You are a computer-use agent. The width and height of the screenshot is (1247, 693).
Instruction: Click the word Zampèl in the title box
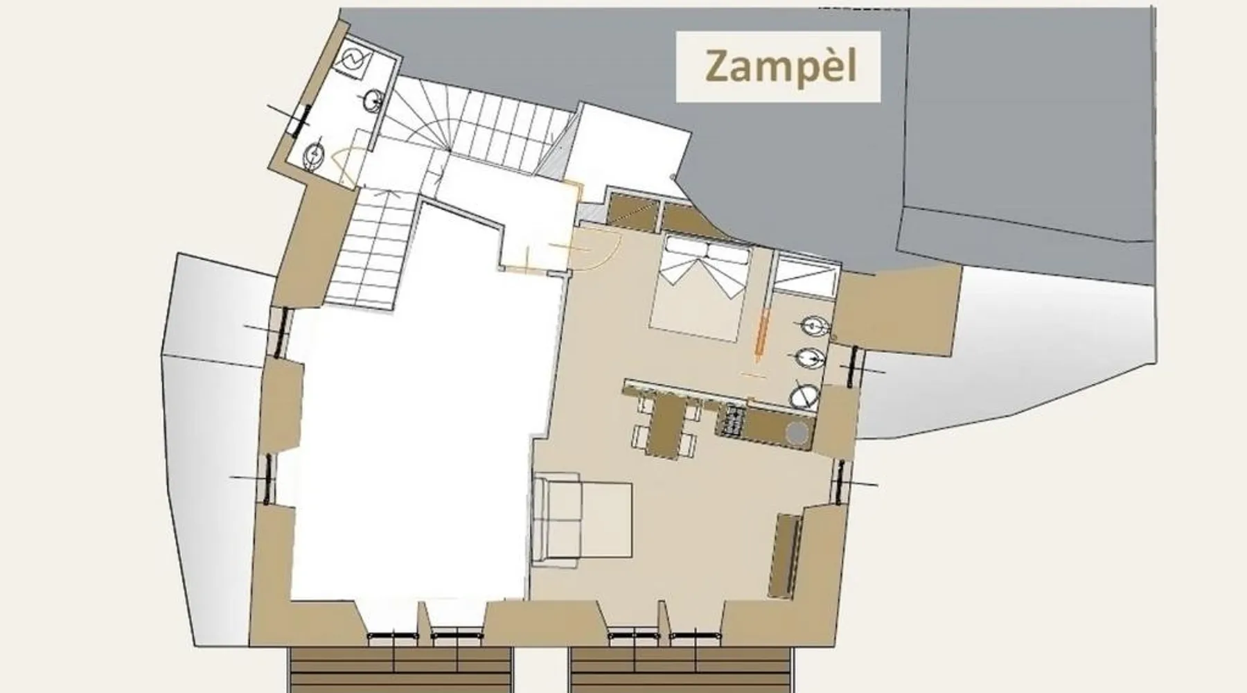(x=781, y=66)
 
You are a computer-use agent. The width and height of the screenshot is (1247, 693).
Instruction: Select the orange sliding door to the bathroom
(x=762, y=337)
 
